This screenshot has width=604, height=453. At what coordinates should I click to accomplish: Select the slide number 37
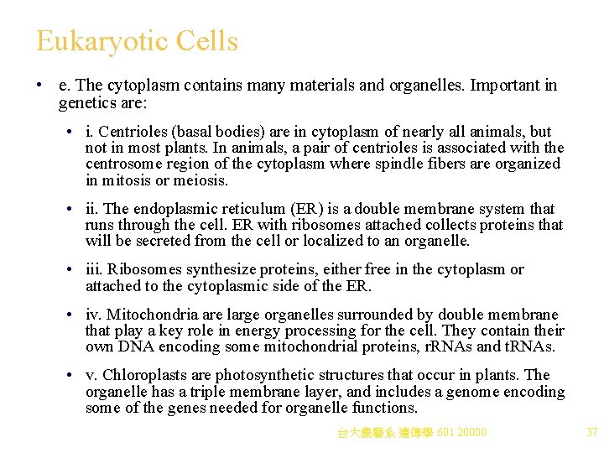click(x=591, y=432)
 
